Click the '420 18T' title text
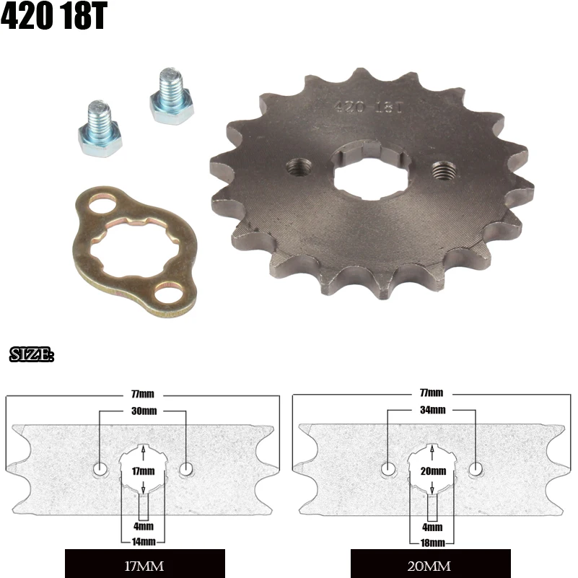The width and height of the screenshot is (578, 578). [x=53, y=17]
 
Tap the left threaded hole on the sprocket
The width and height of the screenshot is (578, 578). [x=295, y=167]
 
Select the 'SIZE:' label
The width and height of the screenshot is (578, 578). [x=32, y=355]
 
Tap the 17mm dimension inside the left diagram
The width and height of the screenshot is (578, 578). [x=144, y=470]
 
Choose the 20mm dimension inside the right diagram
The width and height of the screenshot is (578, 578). [x=432, y=470]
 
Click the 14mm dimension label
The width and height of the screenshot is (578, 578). [x=144, y=540]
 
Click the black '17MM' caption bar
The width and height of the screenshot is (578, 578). [x=144, y=565]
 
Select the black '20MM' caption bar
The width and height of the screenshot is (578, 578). [x=431, y=565]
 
